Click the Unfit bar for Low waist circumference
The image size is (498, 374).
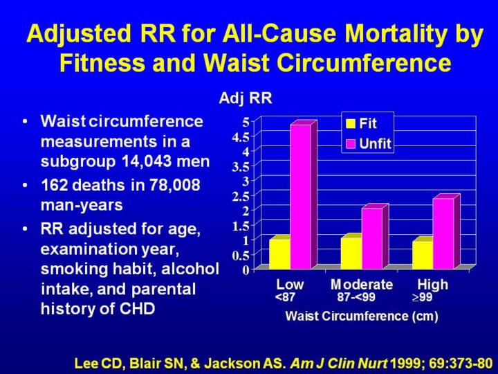pos(300,197)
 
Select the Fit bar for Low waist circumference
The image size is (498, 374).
pos(279,253)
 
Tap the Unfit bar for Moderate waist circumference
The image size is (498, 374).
pos(371,238)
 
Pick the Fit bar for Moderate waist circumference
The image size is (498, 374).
pos(351,253)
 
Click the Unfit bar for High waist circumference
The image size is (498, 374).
pos(443,233)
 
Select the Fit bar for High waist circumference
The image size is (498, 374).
pos(422,254)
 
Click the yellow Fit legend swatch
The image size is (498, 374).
pos(351,124)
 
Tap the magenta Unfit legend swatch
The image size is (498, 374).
pos(351,144)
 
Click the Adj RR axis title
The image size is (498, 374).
pos(246,98)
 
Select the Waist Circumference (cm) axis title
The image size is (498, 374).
pos(362,316)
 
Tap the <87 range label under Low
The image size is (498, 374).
pos(285,298)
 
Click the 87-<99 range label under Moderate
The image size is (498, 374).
pos(356,298)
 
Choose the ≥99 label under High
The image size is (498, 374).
pos(423,298)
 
